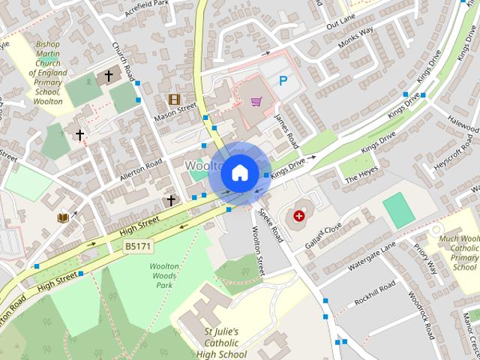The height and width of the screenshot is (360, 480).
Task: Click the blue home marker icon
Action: coord(239,172)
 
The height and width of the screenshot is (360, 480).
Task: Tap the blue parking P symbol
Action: coord(283,80)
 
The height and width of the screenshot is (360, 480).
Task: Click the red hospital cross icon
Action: coord(299,216)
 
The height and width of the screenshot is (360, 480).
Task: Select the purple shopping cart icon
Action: coord(256,101)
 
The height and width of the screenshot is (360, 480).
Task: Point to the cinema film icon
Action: coord(174,99)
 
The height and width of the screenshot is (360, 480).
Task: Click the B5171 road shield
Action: coord(137,245)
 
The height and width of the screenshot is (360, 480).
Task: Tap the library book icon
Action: coord(63,217)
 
